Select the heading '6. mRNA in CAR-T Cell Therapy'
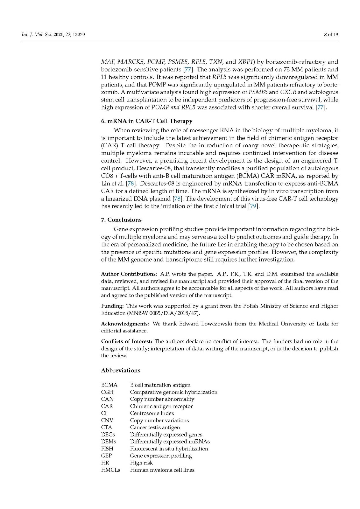point(147,121)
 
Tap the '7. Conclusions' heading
point(121,220)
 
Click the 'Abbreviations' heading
point(121,370)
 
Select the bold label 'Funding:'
point(112,306)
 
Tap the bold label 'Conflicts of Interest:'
point(127,341)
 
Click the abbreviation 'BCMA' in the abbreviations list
point(109,385)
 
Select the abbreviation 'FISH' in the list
point(107,449)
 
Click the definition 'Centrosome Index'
point(152,413)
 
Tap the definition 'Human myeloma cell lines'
point(162,470)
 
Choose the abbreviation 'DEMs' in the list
point(109,442)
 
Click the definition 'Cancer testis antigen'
point(155,427)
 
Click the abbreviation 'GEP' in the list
point(106,456)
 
